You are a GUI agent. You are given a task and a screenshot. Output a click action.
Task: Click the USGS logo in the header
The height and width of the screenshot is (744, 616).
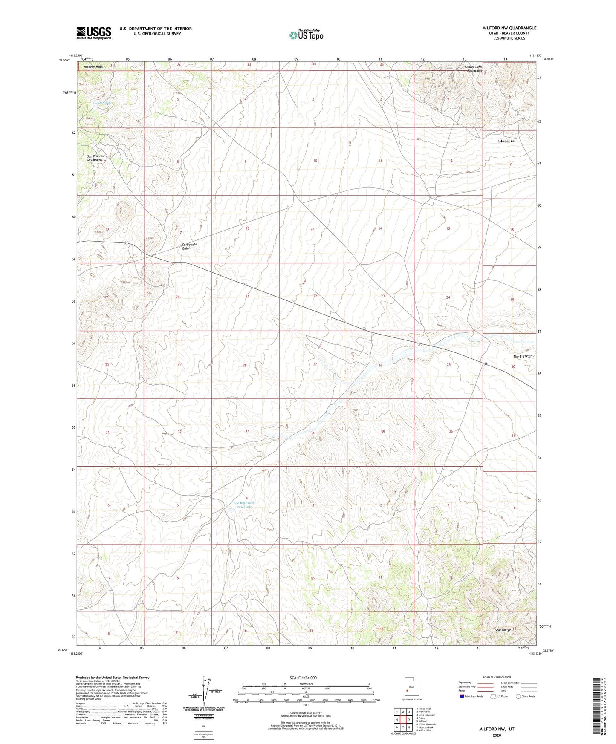tap(94, 33)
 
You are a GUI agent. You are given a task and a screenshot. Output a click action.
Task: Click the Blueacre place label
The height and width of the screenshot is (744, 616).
tap(506, 141)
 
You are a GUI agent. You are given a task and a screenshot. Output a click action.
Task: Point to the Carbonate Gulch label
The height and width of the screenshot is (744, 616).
tap(189, 246)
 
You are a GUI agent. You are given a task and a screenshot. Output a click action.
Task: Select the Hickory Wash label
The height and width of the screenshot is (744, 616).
tap(93, 67)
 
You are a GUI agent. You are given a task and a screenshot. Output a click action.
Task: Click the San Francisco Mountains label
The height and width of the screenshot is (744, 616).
tap(96, 158)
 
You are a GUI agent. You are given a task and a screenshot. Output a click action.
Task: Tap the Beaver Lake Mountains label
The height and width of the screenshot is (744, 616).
tap(473, 69)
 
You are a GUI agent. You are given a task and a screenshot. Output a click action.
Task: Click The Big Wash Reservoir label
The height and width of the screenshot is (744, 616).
tap(243, 505)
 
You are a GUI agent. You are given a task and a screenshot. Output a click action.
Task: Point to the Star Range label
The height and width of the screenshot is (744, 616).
tap(503, 630)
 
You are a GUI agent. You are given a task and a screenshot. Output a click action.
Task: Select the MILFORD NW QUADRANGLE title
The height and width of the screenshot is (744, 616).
tap(509, 28)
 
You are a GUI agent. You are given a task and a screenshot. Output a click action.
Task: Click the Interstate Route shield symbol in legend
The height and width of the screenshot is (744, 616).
tap(463, 696)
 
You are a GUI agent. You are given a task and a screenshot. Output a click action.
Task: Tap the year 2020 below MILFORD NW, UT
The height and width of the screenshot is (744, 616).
tap(496, 735)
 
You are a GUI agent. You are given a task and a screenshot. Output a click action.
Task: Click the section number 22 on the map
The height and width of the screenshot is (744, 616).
tap(315, 296)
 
